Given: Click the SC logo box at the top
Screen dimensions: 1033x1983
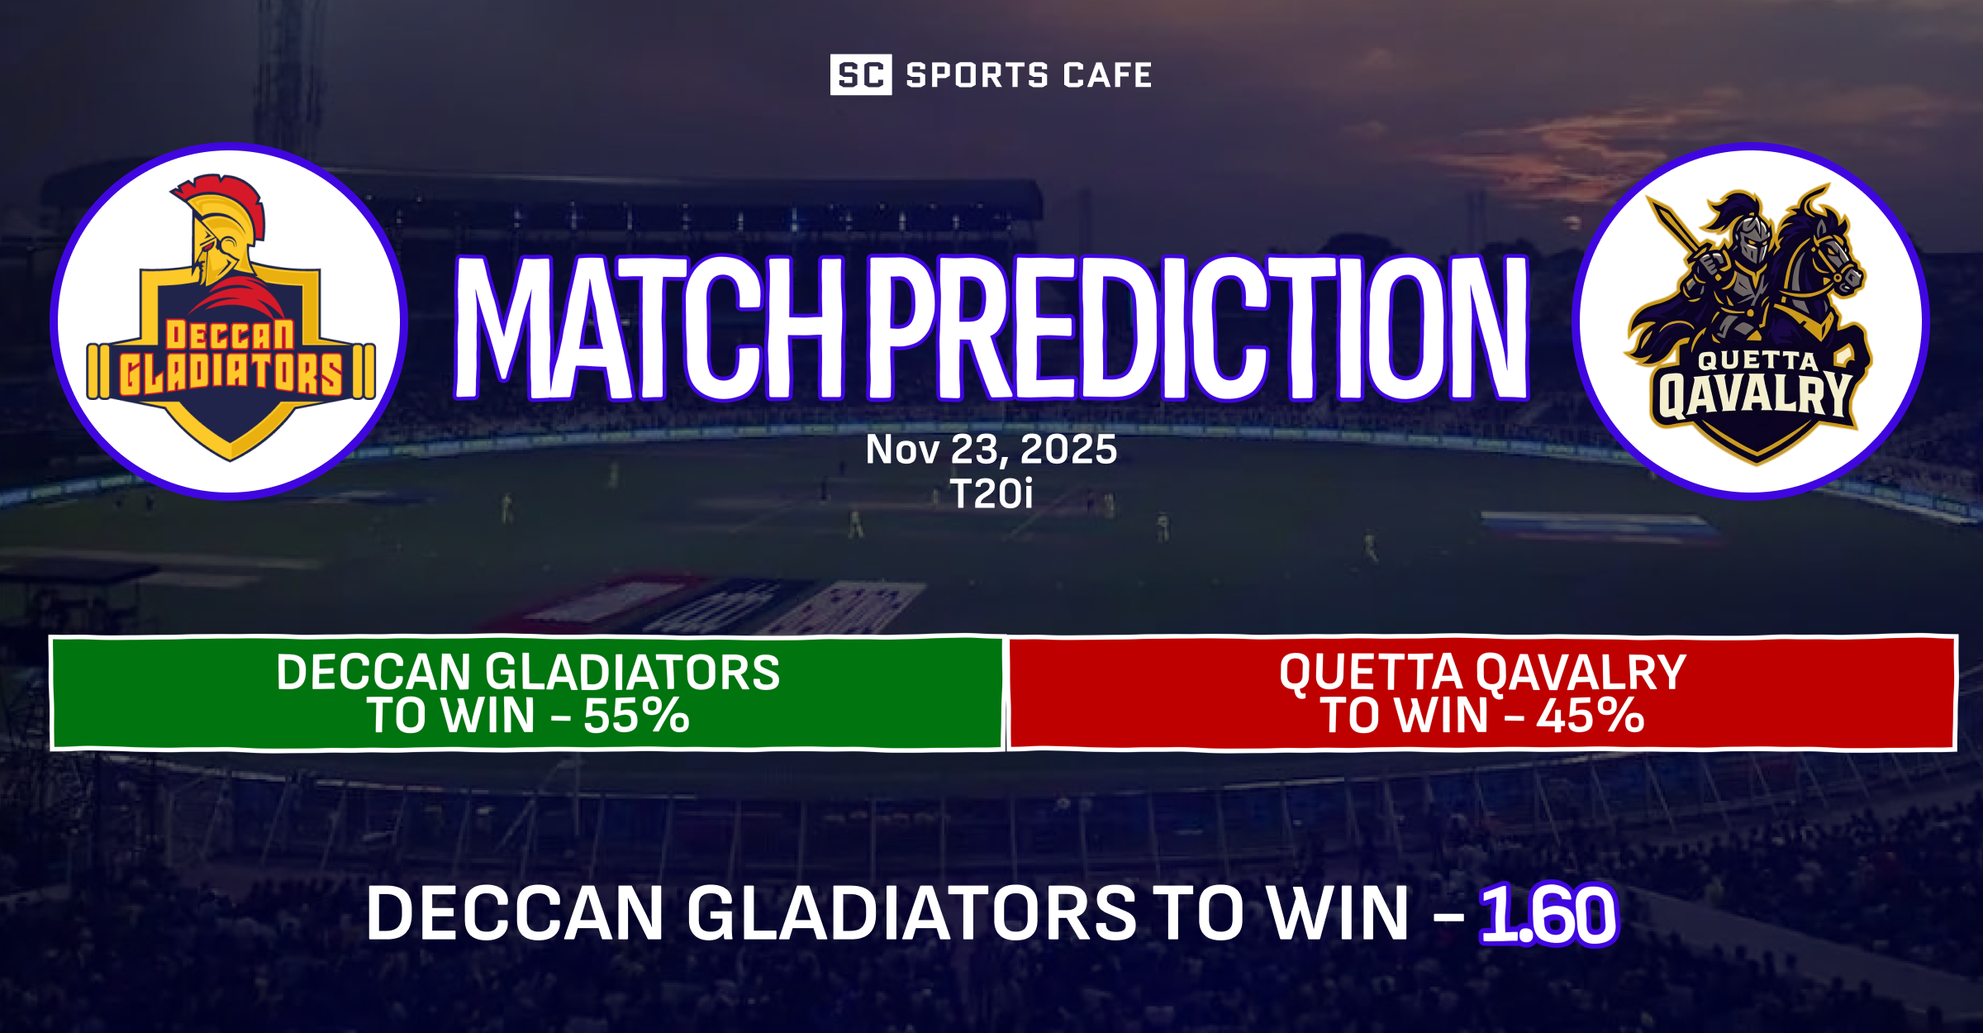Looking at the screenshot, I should coord(860,74).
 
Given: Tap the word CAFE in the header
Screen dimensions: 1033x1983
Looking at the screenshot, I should coord(1108,75).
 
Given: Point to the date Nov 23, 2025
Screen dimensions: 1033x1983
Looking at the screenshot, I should coord(991,450).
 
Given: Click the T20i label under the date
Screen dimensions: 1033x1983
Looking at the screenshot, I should coord(991,494).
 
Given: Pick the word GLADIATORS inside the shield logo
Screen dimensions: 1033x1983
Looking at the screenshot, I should coord(231,374).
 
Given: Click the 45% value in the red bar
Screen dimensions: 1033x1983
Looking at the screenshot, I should coord(1590,716).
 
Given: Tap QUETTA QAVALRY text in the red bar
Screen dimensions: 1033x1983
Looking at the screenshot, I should coord(1482,673).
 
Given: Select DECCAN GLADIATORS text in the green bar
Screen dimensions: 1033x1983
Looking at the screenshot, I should coord(528,673).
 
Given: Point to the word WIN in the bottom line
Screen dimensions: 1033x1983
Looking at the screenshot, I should coord(1338,914).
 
